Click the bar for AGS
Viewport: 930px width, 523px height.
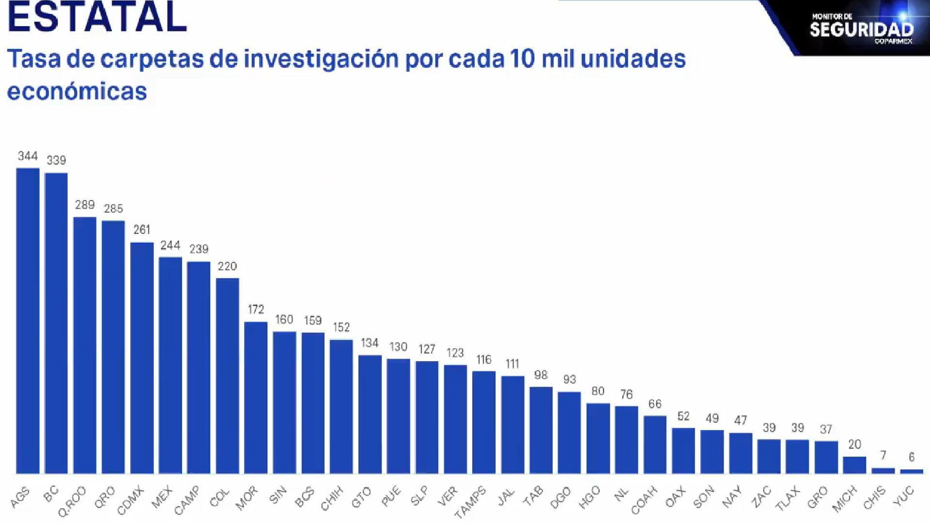point(28,320)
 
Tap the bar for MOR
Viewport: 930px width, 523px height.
point(256,397)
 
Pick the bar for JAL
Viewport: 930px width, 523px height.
point(512,424)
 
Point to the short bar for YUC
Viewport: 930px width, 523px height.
point(912,471)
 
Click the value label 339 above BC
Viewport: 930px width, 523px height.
point(56,160)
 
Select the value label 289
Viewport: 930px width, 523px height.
point(85,205)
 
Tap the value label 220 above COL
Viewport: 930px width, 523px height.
point(227,266)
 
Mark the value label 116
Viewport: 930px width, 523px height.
point(484,360)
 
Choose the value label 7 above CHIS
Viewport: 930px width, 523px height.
point(883,456)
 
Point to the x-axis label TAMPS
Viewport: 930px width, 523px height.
point(471,503)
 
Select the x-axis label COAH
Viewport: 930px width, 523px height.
point(645,500)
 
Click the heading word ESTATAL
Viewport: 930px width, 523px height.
point(97,17)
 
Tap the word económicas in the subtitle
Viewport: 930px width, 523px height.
point(77,92)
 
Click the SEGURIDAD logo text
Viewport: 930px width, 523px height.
point(861,29)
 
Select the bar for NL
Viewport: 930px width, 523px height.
point(626,439)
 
